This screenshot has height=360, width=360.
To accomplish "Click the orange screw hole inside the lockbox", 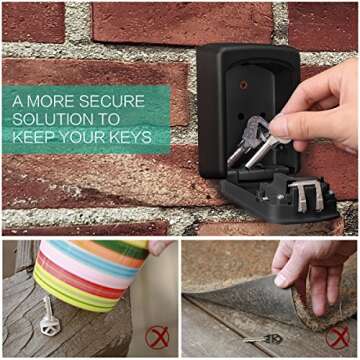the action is pyautogui.click(x=244, y=85).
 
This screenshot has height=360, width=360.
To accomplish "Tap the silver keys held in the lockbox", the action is pyautogui.click(x=255, y=142).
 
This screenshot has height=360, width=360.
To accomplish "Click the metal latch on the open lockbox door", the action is pyautogui.click(x=306, y=196).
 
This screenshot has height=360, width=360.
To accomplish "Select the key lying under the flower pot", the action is pyautogui.click(x=50, y=317).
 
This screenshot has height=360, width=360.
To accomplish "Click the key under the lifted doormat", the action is pyautogui.click(x=263, y=339).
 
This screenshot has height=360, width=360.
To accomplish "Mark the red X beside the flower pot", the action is pyautogui.click(x=157, y=337).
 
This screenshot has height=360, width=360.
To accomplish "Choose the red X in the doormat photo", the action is pyautogui.click(x=337, y=337).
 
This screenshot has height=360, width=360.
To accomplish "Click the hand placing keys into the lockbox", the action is pyautogui.click(x=317, y=107).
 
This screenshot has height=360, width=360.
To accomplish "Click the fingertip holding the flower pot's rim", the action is pyautogui.click(x=158, y=247).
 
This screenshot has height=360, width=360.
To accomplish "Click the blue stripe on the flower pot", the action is pyautogui.click(x=90, y=257).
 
